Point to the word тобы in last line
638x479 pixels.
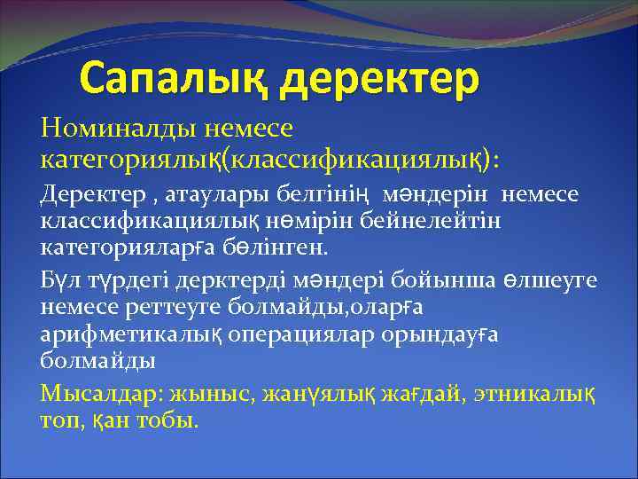click(x=164, y=417)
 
